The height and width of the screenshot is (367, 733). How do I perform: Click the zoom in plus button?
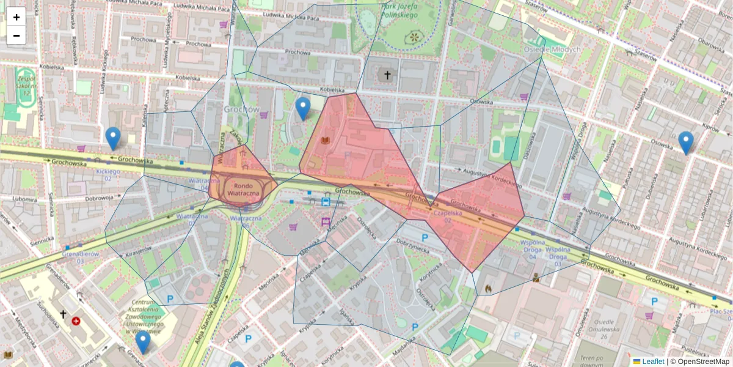point(16,17)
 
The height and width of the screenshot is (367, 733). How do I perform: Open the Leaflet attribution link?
point(653,361)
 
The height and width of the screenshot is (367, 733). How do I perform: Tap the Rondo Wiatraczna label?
point(244,189)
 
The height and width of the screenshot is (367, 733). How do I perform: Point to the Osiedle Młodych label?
point(552,49)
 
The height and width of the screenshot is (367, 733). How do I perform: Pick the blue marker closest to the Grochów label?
point(303,108)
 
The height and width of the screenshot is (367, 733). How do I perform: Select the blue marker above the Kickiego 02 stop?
point(112,138)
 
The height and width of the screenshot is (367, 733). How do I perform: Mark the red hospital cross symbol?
point(76,321)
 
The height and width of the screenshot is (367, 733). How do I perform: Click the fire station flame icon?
point(487,287)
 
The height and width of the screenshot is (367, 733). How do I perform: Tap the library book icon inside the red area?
point(325,141)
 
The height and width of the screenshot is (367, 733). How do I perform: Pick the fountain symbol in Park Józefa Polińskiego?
point(415,37)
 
